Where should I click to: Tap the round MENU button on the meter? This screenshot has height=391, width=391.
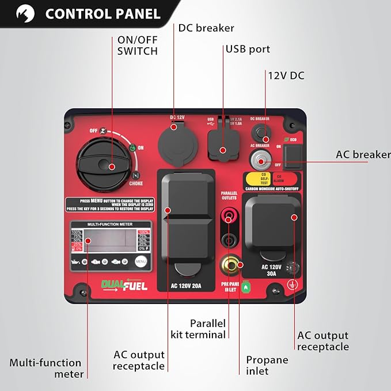142,261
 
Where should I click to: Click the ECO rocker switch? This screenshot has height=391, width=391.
293,152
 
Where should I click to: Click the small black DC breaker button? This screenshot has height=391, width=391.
264,134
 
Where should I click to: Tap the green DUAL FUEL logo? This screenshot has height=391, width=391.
124,284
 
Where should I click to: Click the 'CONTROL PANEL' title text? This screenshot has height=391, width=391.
103,13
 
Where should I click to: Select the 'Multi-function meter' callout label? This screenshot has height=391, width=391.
45,368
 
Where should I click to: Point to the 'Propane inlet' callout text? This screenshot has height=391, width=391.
267,366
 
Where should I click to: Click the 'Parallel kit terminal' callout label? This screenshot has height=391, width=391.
199,329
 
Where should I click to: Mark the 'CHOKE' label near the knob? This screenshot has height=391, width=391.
136,184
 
